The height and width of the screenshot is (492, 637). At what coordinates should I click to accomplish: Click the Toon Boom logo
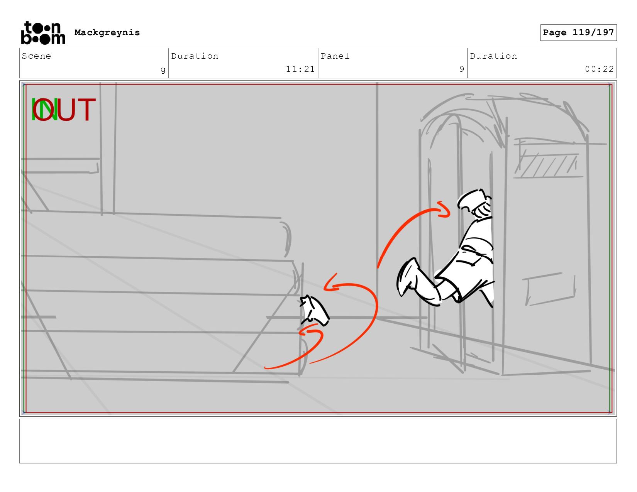pos(43,33)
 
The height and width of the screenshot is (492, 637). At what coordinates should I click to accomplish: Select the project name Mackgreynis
pos(107,32)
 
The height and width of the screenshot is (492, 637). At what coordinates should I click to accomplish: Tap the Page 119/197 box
pos(578,32)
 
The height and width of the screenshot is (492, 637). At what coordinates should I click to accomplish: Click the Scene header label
pos(36,56)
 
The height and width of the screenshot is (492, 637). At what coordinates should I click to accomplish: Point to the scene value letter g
pos(163,70)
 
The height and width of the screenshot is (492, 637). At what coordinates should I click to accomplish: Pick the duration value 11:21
pos(300,69)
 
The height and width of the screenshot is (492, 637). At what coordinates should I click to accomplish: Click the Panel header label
pos(335,56)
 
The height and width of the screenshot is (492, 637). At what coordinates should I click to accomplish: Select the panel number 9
pos(462,69)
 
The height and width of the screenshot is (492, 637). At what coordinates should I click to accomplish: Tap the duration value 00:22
pos(599,69)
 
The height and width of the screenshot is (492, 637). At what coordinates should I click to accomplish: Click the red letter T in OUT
pos(87,109)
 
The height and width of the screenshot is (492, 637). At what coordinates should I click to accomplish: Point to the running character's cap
pos(471,199)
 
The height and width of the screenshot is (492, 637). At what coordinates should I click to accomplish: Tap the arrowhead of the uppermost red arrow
pos(443,210)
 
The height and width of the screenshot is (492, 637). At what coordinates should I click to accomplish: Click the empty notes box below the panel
pos(318,441)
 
